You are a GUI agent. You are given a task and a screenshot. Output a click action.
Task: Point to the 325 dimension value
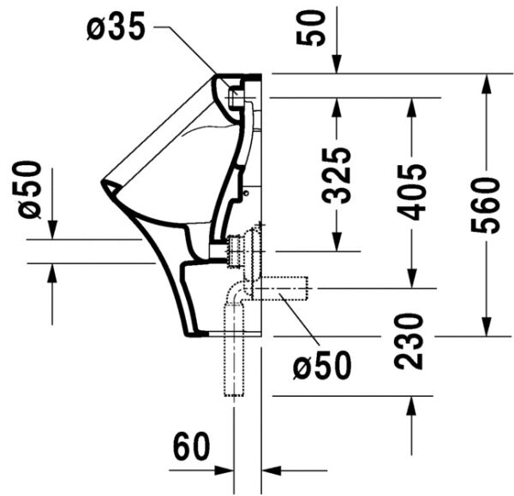(337, 174)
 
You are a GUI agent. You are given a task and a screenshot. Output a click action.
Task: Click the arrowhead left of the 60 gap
(226, 469)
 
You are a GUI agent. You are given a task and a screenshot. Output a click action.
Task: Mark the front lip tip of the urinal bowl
(105, 182)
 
